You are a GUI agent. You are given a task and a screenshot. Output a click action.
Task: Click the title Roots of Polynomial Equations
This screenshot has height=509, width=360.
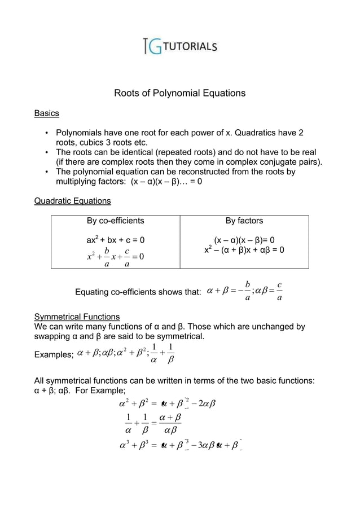pos(180,93)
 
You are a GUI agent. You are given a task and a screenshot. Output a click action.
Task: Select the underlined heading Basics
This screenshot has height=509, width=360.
pos(47,114)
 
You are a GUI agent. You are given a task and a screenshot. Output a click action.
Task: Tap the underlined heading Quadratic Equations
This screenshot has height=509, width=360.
pos(73,201)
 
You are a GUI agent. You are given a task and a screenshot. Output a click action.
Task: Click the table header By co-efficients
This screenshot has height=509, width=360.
pos(115,221)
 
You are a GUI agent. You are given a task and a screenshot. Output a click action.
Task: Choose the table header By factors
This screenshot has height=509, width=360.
pos(244,221)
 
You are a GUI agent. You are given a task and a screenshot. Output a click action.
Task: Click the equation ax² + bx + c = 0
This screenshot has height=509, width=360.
pos(115,240)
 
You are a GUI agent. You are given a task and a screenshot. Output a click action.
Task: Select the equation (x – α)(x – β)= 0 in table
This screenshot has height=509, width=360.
pos(244,240)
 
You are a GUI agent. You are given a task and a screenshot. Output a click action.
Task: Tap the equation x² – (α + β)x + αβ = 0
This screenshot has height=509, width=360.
pos(244,250)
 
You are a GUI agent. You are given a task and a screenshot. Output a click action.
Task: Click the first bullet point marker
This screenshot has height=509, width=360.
pos(46,133)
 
